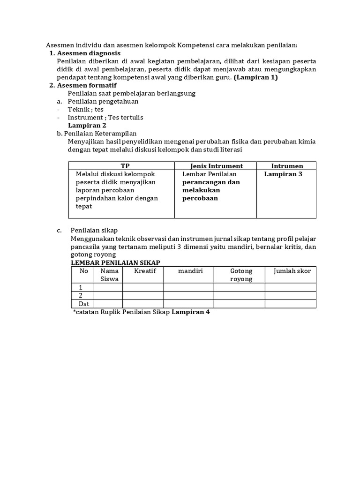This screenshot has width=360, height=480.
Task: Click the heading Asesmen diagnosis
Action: pyautogui.click(x=89, y=53)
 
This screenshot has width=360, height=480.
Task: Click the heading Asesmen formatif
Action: pyautogui.click(x=87, y=85)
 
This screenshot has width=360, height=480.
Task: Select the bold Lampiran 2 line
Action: pyautogui.click(x=87, y=125)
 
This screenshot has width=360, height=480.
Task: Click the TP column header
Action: pyautogui.click(x=125, y=166)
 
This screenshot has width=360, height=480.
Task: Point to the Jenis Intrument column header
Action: pyautogui.click(x=217, y=166)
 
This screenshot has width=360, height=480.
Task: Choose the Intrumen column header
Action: pyautogui.click(x=287, y=166)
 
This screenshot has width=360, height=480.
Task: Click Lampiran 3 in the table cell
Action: pyautogui.click(x=283, y=174)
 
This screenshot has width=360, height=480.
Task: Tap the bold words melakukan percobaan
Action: pyautogui.click(x=202, y=194)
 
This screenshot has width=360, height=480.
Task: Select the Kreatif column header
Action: pyautogui.click(x=145, y=271)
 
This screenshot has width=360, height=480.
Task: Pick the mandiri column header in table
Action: pyautogui.click(x=190, y=271)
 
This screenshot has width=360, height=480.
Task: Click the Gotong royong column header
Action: pyautogui.click(x=241, y=275)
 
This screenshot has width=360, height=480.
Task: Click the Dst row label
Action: pyautogui.click(x=84, y=303)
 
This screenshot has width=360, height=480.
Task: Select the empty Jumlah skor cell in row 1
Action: pyautogui.click(x=290, y=287)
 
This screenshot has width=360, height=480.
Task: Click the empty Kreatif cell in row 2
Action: pyautogui.click(x=143, y=295)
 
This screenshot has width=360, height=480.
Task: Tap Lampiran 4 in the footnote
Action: pyautogui.click(x=191, y=312)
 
